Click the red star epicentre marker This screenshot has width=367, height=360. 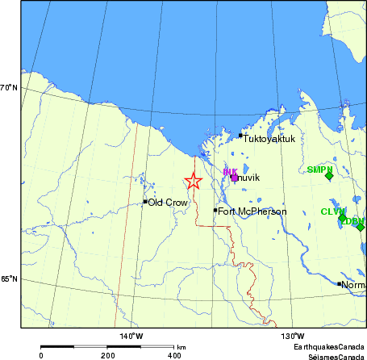point(193,182)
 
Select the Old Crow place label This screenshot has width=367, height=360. point(168,203)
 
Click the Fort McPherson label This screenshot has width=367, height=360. point(252,211)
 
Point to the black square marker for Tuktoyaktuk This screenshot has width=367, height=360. point(240,136)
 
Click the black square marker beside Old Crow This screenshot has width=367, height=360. point(145,202)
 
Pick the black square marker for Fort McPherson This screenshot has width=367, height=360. point(215,211)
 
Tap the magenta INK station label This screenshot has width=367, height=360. point(230,172)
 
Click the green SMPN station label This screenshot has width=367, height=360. point(320,170)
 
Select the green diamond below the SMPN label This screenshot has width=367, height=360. point(329,177)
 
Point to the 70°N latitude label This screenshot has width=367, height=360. point(10,87)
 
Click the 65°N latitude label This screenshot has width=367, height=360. point(10,279)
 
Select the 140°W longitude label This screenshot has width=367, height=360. point(131,336)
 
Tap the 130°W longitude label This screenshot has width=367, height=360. point(292,336)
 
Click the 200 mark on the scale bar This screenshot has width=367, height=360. point(107,355)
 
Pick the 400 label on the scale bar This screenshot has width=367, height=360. point(173,355)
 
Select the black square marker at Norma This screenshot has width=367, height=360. point(339,284)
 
